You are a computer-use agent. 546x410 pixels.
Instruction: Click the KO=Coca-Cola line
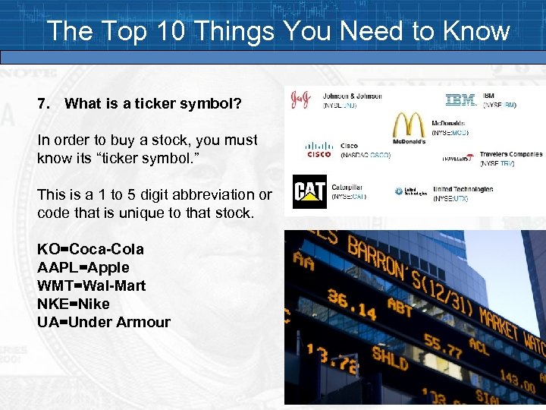tap(90, 249)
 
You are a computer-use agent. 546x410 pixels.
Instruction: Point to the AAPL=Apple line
tap(83, 267)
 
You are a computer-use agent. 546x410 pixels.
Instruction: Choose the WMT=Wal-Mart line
tap(92, 285)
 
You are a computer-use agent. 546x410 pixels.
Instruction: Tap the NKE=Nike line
tap(74, 304)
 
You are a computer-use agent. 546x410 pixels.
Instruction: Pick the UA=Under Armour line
tap(104, 322)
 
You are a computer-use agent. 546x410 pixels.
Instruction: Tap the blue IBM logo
tap(460, 99)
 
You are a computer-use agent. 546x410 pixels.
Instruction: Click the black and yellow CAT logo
tap(309, 191)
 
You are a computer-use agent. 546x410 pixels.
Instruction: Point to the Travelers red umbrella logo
tap(471, 158)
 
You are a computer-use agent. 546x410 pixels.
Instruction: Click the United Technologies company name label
tap(463, 189)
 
